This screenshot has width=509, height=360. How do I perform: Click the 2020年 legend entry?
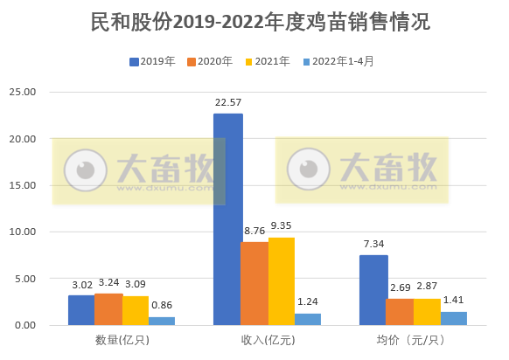coord(209,61)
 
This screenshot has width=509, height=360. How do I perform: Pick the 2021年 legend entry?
coord(266,61)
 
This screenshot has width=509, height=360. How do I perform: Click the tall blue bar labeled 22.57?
coord(228,218)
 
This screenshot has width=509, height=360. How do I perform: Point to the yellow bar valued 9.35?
coord(282,280)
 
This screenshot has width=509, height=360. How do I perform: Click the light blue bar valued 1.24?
coord(308,319)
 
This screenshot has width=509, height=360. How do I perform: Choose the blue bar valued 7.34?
coord(373,290)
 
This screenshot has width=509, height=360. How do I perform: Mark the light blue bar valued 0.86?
coord(161,321)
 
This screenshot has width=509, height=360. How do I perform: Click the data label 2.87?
coord(427,287)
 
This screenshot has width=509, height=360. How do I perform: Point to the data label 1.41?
coord(454,300)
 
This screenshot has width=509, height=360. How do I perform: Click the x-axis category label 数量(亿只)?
coord(122,340)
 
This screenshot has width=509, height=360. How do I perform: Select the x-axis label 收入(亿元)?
coord(268,340)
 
